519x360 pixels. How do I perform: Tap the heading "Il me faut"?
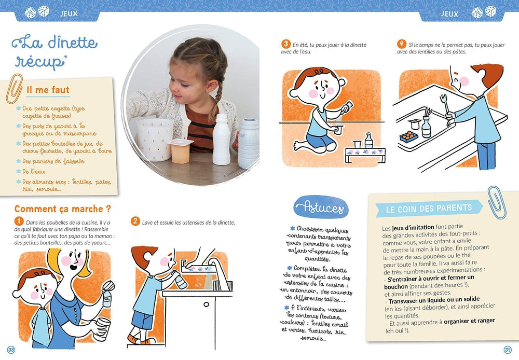click(48, 90)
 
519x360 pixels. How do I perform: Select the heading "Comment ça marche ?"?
click(62, 209)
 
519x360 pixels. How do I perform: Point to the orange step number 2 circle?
click(135, 222)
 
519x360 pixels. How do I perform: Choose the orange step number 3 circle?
click(285, 44)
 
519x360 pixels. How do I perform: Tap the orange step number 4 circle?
click(401, 44)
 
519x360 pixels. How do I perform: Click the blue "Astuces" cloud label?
click(321, 209)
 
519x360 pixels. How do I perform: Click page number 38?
click(11, 349)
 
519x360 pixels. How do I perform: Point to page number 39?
click(508, 349)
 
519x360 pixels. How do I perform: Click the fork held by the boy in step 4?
click(444, 103)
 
